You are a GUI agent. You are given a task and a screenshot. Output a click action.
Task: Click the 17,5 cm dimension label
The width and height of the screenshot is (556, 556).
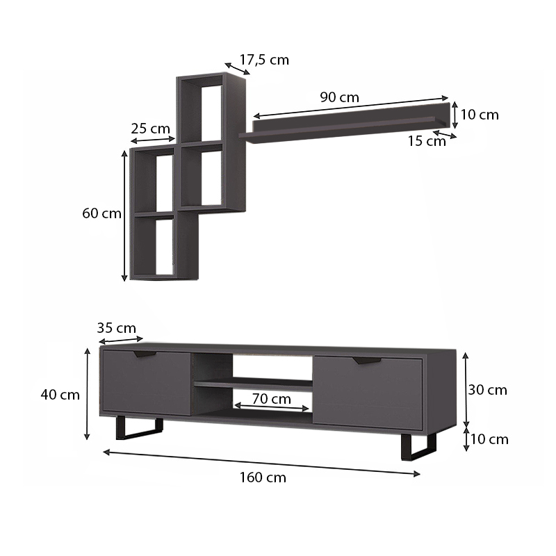[x=264, y=60]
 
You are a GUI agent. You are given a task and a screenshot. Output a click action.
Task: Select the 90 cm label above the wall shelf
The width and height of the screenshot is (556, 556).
[x=339, y=97]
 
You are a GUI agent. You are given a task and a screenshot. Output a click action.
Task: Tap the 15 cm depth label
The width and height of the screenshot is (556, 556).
[x=427, y=142]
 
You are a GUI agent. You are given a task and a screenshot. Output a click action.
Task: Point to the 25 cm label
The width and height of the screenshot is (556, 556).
[x=150, y=129]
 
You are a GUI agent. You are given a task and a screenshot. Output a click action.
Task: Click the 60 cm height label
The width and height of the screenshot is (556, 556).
[x=101, y=213]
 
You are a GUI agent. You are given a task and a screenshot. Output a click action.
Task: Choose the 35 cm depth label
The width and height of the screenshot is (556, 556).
[x=117, y=328]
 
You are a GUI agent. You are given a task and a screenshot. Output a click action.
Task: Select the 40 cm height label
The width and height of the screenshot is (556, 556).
[x=60, y=395]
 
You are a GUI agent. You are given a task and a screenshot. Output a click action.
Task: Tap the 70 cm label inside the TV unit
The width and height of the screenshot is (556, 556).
[x=271, y=399]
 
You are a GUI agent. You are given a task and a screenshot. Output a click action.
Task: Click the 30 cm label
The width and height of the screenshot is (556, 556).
[x=487, y=390]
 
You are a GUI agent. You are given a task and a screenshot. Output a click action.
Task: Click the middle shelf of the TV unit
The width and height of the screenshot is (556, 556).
[x=253, y=383]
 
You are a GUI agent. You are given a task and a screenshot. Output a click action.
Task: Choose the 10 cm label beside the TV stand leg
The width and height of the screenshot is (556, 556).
[x=489, y=439]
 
